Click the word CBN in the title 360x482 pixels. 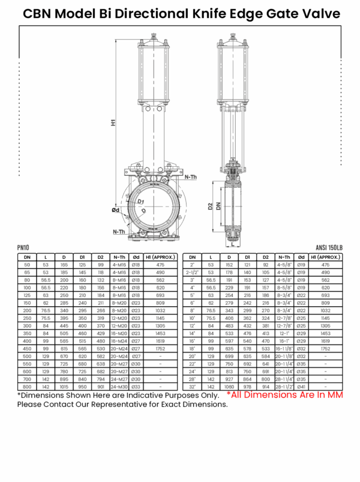37,14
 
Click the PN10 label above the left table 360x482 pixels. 23,247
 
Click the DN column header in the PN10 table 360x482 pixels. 27,257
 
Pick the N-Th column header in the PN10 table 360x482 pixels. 119,257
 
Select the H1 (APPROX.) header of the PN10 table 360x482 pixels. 161,257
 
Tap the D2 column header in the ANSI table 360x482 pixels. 266,257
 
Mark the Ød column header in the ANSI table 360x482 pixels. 302,257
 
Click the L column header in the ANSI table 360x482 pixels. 211,257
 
